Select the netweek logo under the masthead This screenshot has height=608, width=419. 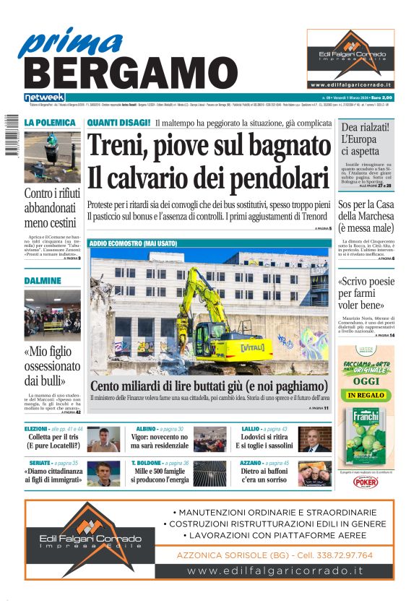(45, 97)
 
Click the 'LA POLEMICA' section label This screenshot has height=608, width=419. (50, 123)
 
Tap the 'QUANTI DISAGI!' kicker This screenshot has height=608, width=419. (118, 123)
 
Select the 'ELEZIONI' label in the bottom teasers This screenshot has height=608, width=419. (36, 429)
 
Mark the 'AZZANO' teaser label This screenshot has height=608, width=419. (253, 463)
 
